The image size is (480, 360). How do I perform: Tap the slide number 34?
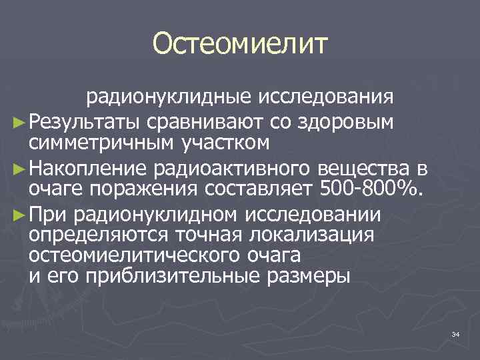[455, 333]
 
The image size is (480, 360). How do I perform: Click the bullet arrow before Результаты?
[19, 121]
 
